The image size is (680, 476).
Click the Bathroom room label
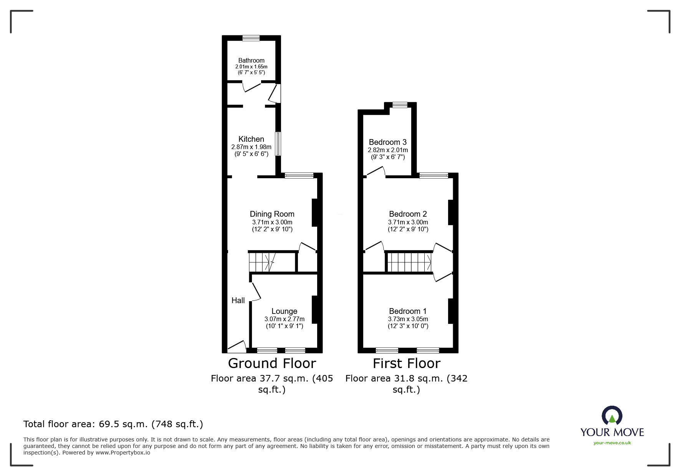[251, 60]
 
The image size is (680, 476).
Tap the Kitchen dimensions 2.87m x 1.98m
[251, 147]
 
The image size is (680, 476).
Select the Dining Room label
[272, 214]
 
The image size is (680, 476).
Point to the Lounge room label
[284, 311]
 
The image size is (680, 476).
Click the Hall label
[238, 300]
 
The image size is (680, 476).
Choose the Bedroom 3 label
[387, 142]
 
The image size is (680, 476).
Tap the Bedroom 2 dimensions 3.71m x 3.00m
[408, 222]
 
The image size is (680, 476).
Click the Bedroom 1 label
[407, 311]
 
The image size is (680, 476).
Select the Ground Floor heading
[272, 363]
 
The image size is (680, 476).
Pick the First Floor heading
[406, 363]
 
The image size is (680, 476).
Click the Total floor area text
[113, 424]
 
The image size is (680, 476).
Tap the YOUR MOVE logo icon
[612, 416]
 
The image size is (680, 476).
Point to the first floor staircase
[409, 262]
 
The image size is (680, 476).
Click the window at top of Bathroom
[251, 38]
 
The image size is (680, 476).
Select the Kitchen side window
[278, 144]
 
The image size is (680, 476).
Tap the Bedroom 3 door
[376, 172]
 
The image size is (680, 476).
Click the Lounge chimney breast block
[314, 309]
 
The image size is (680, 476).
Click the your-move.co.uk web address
[612, 443]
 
